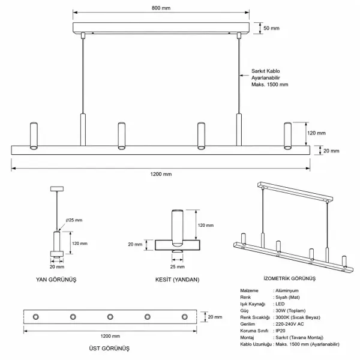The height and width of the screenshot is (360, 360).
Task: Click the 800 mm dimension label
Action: point(161,8)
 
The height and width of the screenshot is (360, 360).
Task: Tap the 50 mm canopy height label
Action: point(271,28)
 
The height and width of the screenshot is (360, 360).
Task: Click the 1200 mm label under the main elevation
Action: point(161,174)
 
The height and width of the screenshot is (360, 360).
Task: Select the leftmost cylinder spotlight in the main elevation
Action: point(34,136)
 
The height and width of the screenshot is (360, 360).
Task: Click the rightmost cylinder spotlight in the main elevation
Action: point(287,136)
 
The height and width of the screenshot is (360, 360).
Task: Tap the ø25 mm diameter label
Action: point(74,220)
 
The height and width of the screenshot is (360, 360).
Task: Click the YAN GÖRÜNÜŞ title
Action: point(56,280)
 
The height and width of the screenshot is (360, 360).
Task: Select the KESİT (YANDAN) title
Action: point(177,280)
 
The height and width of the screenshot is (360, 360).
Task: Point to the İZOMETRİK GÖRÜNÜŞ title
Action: point(290,278)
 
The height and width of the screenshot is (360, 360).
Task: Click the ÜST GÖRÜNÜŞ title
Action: point(109,348)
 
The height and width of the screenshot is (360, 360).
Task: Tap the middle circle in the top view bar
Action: point(110,317)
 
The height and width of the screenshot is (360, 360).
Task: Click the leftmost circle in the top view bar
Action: point(36,317)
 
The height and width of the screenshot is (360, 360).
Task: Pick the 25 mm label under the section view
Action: point(178,267)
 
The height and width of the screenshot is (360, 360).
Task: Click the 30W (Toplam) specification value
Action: point(290,311)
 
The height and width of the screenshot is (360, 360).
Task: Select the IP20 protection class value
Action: point(280,331)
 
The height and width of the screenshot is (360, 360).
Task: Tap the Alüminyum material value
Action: point(287,290)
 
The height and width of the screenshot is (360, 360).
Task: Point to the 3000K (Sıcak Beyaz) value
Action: point(298,317)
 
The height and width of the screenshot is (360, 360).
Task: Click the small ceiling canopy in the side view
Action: point(57,189)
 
